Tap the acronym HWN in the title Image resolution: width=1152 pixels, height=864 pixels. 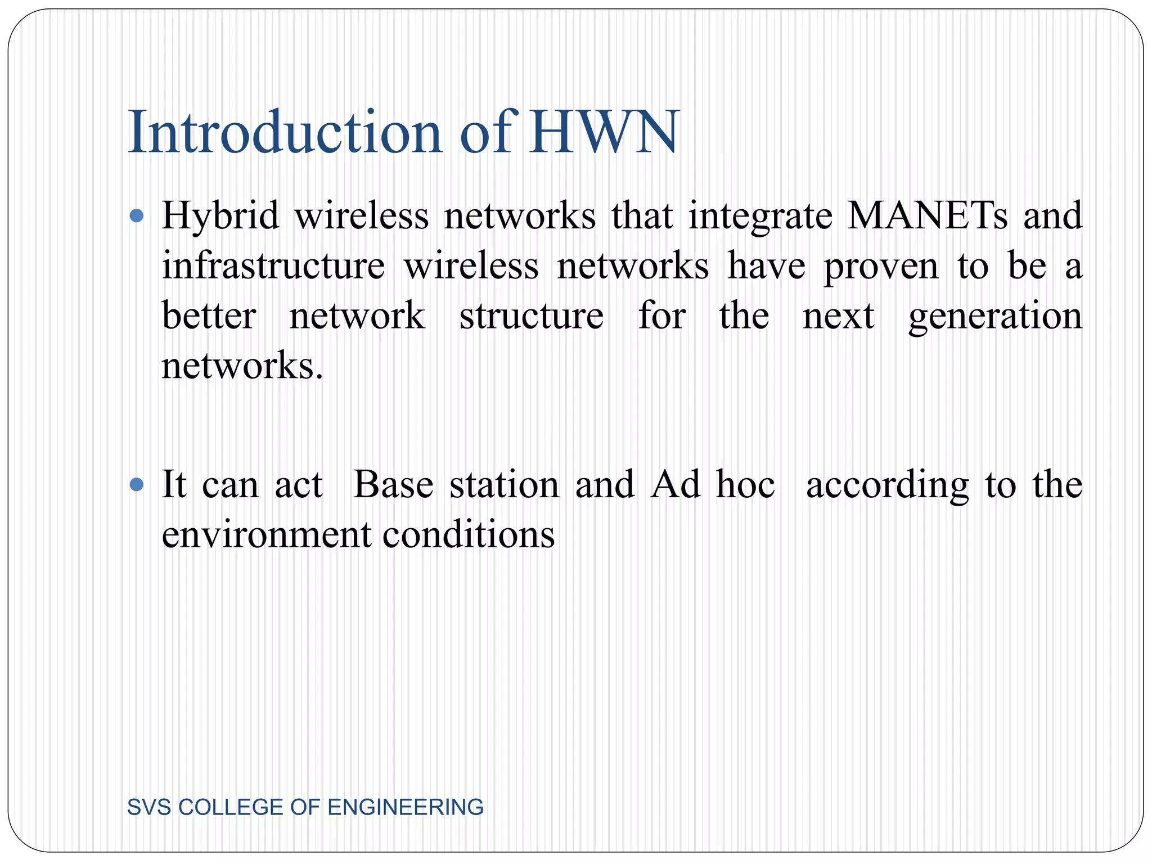pos(604,133)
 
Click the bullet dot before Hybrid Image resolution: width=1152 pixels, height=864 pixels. pos(137,215)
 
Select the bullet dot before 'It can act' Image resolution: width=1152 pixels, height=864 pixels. pos(137,484)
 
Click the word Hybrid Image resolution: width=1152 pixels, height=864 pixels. pos(220,217)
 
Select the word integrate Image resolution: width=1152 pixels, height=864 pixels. pos(760,217)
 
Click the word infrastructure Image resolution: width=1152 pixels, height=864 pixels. pos(273,265)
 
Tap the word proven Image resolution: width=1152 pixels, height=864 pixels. pos(881,267)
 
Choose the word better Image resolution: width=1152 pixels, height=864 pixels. pos(209,316)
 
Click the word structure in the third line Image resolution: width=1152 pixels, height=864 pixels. pos(532,316)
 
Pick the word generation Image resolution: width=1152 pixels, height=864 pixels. pos(995,317)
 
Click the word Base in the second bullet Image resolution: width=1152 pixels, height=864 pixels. pos(393,484)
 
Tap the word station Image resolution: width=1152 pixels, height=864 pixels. pos(504,484)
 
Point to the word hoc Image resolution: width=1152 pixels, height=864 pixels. pos(745,484)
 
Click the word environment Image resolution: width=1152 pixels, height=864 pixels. pos(267,534)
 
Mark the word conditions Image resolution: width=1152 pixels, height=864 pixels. pos(469,534)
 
